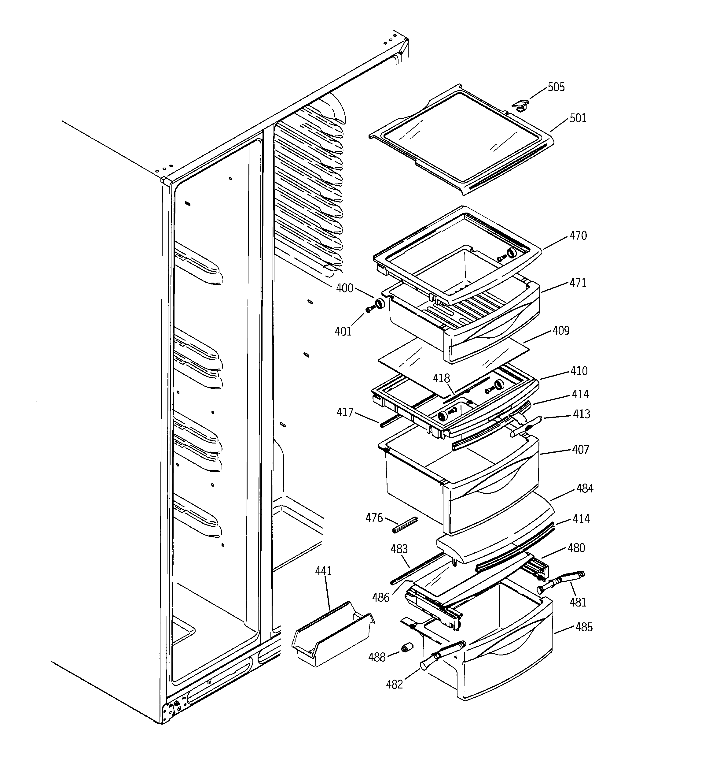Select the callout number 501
(578, 118)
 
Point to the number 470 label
(578, 236)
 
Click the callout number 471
(578, 283)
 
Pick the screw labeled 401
(368, 310)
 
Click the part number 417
(344, 412)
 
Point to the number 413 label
(581, 414)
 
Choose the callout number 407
(580, 450)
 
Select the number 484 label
(585, 488)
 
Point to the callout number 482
(394, 685)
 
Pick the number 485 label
(584, 627)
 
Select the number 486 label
(380, 597)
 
